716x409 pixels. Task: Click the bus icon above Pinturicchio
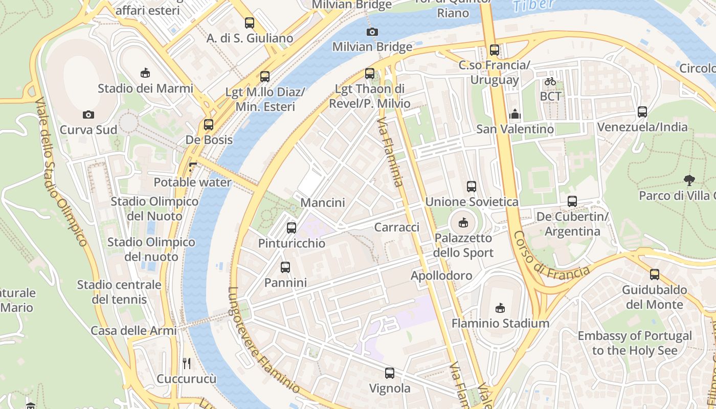(x=292, y=228)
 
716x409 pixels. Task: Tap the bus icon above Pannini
(x=285, y=267)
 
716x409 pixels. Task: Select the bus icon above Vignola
(x=390, y=373)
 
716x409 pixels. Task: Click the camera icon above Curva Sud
(x=88, y=115)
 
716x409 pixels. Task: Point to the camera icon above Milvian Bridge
(x=372, y=32)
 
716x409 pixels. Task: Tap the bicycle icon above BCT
(x=550, y=81)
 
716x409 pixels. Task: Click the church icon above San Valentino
(x=514, y=114)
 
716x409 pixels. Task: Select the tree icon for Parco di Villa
(x=689, y=180)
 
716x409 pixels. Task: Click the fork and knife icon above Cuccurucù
(x=187, y=363)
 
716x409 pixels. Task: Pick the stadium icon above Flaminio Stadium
(x=500, y=308)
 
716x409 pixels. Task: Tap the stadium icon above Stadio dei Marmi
(x=145, y=73)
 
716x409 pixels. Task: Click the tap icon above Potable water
(x=192, y=167)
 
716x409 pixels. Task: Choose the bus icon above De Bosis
(x=208, y=125)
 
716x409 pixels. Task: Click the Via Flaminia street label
(x=391, y=152)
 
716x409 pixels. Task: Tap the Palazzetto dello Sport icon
(x=463, y=222)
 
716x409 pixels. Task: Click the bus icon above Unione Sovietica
(x=472, y=187)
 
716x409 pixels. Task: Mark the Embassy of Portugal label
(x=635, y=343)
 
